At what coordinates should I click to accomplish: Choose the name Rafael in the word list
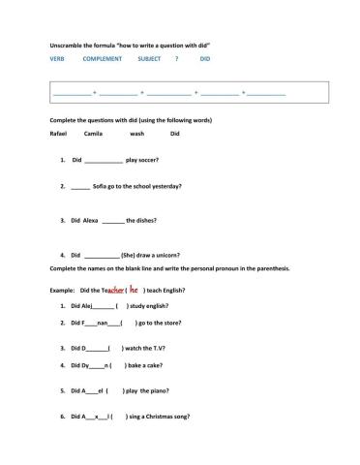pos(58,134)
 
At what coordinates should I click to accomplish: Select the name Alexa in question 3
pos(91,220)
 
